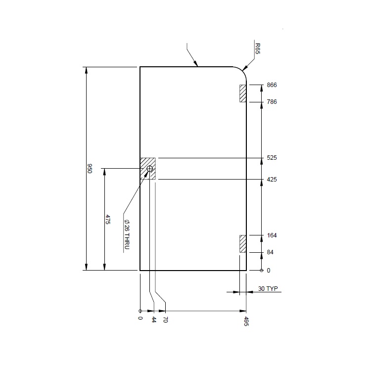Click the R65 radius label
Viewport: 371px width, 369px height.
[x=258, y=48]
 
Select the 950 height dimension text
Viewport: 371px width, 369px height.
[x=90, y=169]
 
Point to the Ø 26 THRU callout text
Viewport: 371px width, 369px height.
[x=127, y=234]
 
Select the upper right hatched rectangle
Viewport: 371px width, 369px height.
[x=243, y=93]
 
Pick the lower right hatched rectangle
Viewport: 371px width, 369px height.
[x=243, y=244]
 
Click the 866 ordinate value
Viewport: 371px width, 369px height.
[x=272, y=85]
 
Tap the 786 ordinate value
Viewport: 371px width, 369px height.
[x=272, y=102]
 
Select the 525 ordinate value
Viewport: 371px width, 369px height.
[x=272, y=158]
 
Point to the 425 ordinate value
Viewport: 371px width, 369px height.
[x=272, y=180]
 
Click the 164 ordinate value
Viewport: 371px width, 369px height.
[x=272, y=235]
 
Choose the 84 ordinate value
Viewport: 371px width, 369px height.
[x=270, y=252]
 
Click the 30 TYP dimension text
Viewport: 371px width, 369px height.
[x=268, y=288]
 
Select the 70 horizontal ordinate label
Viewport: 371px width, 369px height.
[x=165, y=320]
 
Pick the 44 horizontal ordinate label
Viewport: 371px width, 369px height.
[x=154, y=320]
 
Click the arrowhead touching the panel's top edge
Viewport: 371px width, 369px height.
[x=196, y=64]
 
